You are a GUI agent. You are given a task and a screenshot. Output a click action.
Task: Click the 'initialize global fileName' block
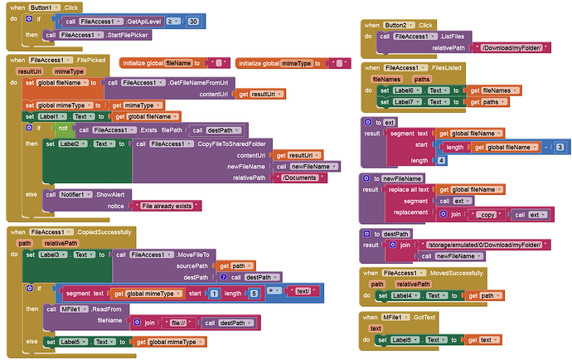(x=161, y=63)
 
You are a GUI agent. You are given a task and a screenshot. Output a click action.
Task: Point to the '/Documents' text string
(x=303, y=178)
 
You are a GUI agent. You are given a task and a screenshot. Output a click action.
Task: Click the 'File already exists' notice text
(x=170, y=205)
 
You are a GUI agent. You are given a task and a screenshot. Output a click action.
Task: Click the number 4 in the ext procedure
(x=442, y=160)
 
